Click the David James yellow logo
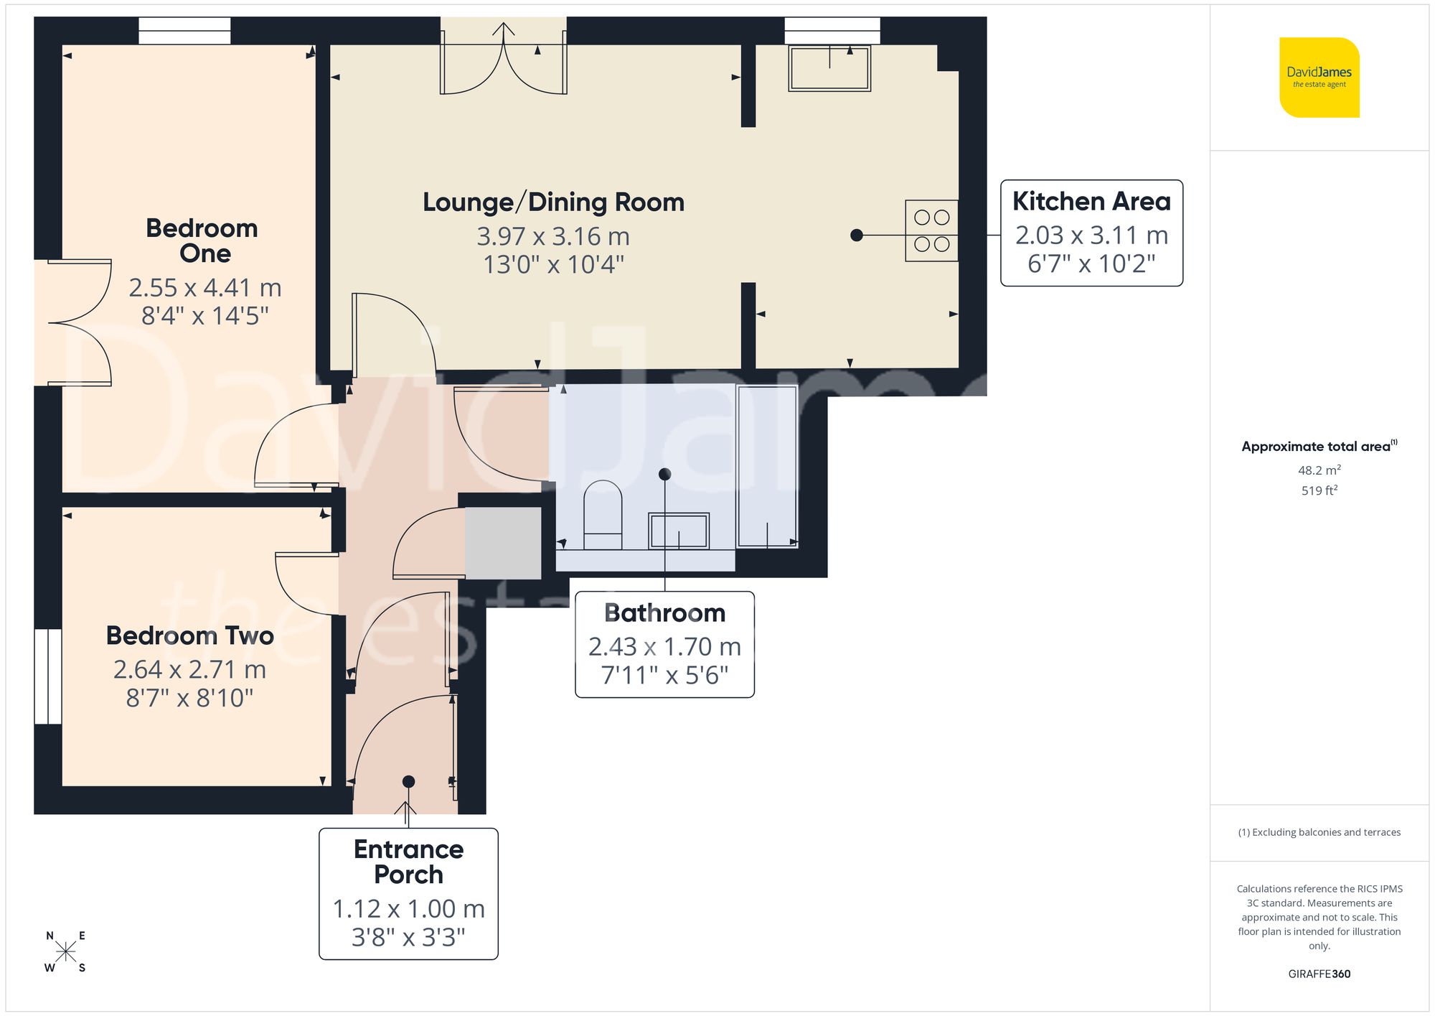[1319, 78]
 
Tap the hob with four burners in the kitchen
[932, 230]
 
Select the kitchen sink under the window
[829, 68]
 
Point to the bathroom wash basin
[679, 531]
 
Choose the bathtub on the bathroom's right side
[767, 466]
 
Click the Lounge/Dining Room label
[553, 202]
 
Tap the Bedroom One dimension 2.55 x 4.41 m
[205, 288]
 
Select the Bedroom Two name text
[190, 635]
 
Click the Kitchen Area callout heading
[1091, 201]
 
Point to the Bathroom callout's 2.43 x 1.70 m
[664, 647]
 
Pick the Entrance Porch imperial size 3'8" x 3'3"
[408, 937]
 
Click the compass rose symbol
[66, 952]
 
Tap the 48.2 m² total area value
[1319, 470]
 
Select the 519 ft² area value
[1319, 490]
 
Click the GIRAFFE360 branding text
[1319, 974]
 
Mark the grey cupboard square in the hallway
[503, 543]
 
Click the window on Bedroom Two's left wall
[49, 676]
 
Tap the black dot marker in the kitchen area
[857, 235]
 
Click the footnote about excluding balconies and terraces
[1319, 832]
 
